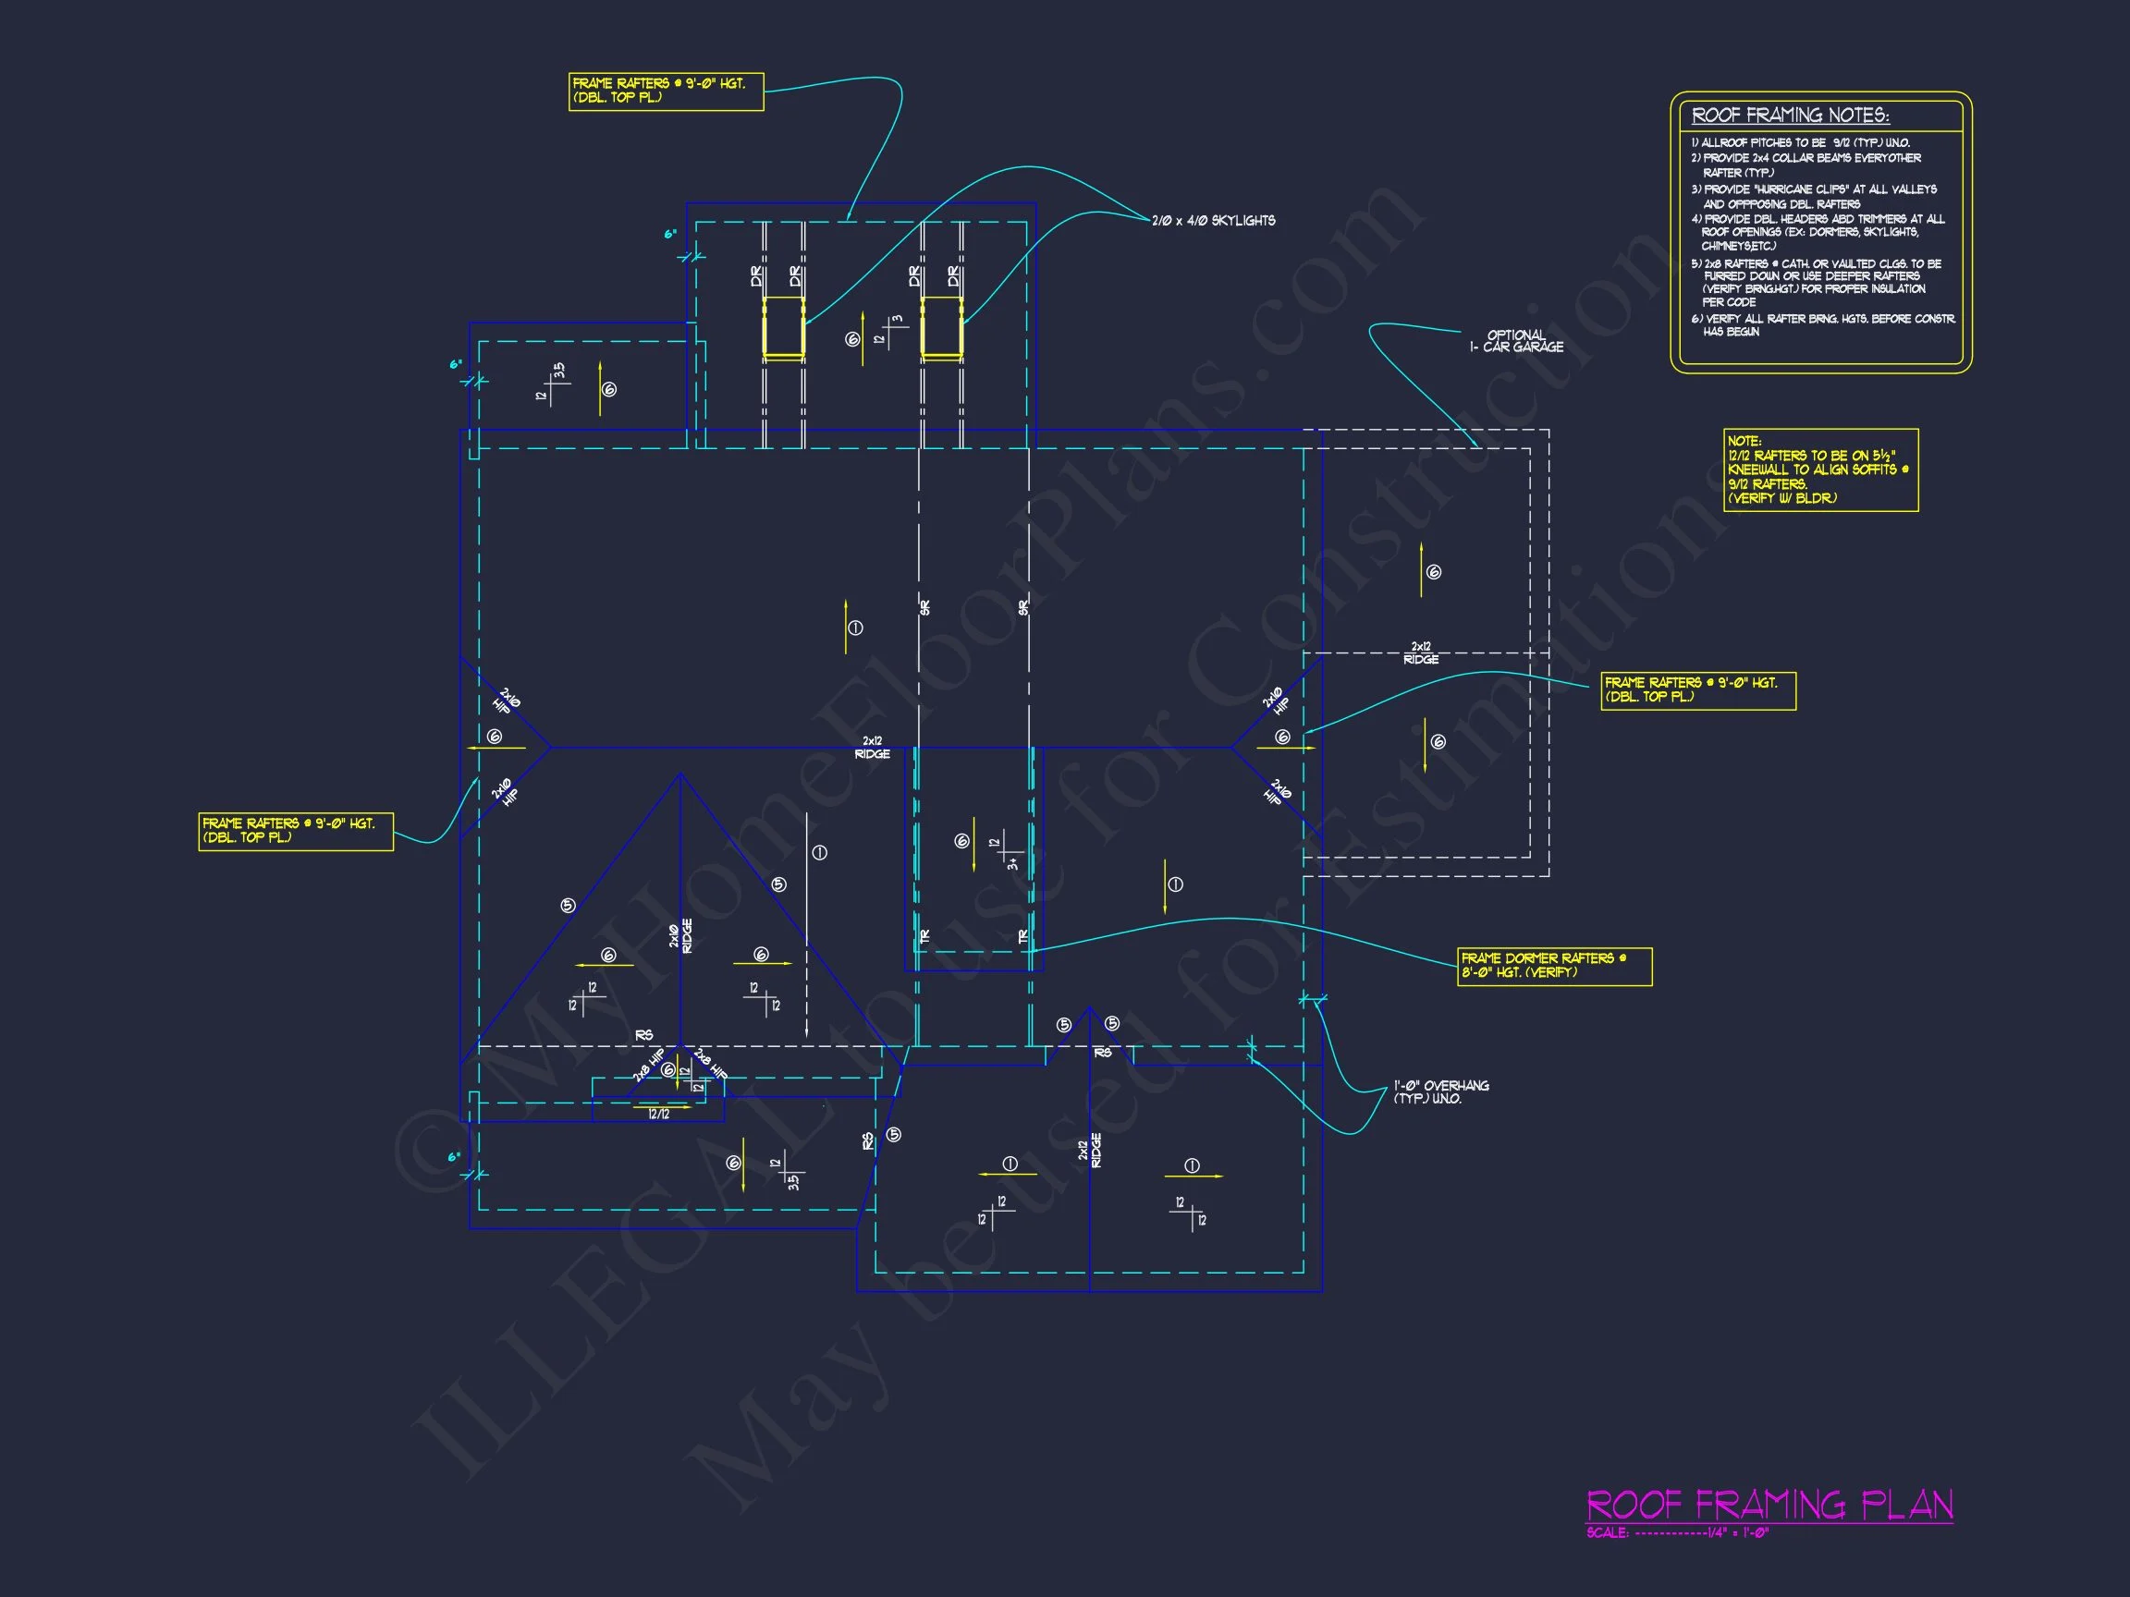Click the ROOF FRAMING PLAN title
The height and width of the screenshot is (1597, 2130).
click(1769, 1505)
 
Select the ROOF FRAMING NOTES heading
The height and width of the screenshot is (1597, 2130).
click(1790, 116)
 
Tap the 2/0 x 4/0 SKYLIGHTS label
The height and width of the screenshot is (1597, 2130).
click(1213, 221)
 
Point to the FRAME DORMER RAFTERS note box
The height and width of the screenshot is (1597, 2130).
click(1554, 966)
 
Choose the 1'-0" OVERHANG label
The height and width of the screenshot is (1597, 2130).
click(1440, 1091)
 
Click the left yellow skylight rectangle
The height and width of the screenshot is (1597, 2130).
click(784, 327)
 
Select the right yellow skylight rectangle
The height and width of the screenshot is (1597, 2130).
click(942, 327)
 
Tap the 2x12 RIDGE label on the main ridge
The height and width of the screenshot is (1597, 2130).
click(873, 747)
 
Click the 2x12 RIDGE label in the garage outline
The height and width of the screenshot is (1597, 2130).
click(1421, 652)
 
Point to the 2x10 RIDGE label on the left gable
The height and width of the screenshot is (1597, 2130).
click(680, 935)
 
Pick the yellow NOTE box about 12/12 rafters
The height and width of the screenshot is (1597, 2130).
click(1820, 469)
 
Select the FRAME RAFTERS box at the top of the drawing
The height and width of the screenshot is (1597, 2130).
click(666, 91)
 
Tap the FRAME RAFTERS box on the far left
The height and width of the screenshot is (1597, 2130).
click(296, 831)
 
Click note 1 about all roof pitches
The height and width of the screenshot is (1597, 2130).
click(1801, 142)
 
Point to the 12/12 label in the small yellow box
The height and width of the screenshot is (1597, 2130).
click(658, 1114)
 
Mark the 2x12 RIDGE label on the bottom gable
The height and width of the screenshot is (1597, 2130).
click(1089, 1151)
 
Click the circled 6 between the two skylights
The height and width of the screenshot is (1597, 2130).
click(852, 339)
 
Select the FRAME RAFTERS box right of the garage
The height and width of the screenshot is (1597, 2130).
click(1697, 689)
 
